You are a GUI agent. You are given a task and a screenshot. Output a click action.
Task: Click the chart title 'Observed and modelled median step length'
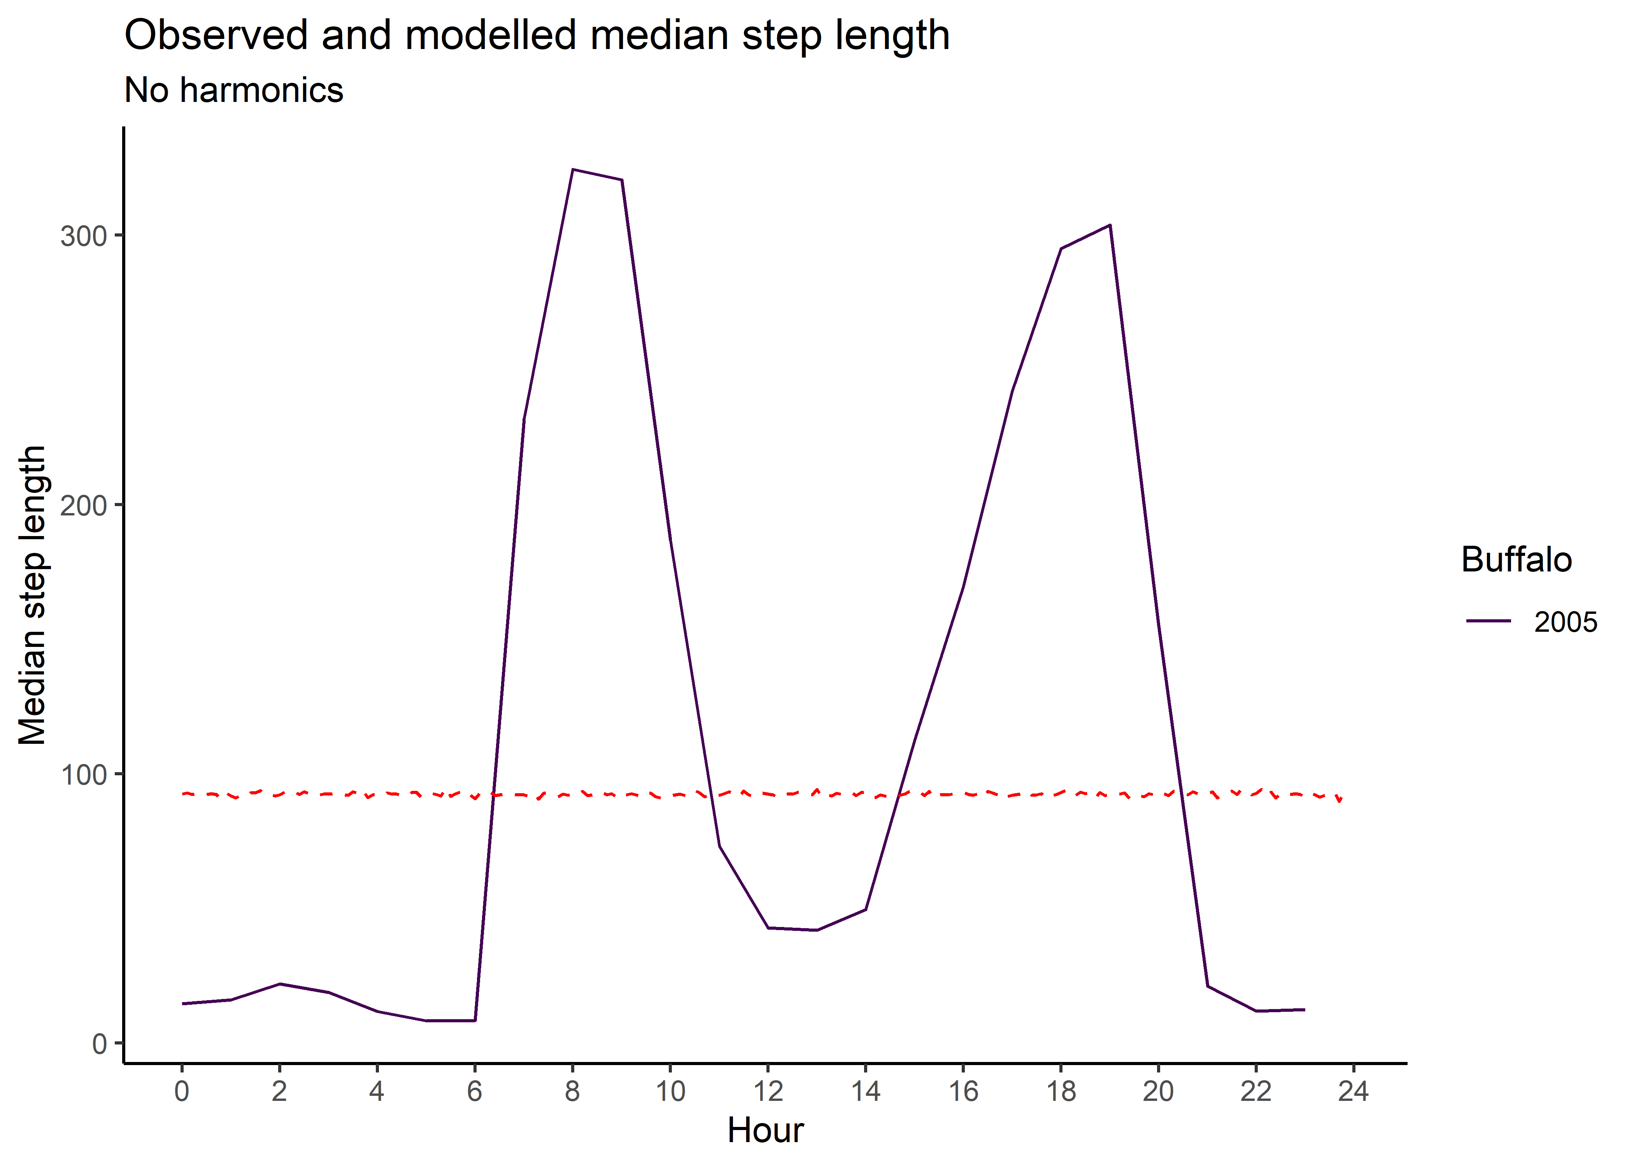537,35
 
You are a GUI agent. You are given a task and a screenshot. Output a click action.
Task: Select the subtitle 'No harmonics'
233,91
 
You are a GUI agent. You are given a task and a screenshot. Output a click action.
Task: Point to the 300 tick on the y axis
83,236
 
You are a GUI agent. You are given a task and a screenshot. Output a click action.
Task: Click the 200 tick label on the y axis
83,505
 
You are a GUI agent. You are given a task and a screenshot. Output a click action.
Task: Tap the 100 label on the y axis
83,774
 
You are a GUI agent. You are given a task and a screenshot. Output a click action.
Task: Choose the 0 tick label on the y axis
99,1043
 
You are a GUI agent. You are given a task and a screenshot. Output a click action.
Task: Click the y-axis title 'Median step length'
33,595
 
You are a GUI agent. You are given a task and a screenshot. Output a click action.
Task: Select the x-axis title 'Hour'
765,1130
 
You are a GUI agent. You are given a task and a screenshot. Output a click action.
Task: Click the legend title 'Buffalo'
1516,560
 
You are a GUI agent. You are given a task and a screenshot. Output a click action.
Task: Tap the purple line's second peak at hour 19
1110,225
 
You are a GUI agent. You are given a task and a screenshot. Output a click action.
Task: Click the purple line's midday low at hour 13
817,930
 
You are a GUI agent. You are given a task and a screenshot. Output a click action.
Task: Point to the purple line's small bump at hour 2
279,984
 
